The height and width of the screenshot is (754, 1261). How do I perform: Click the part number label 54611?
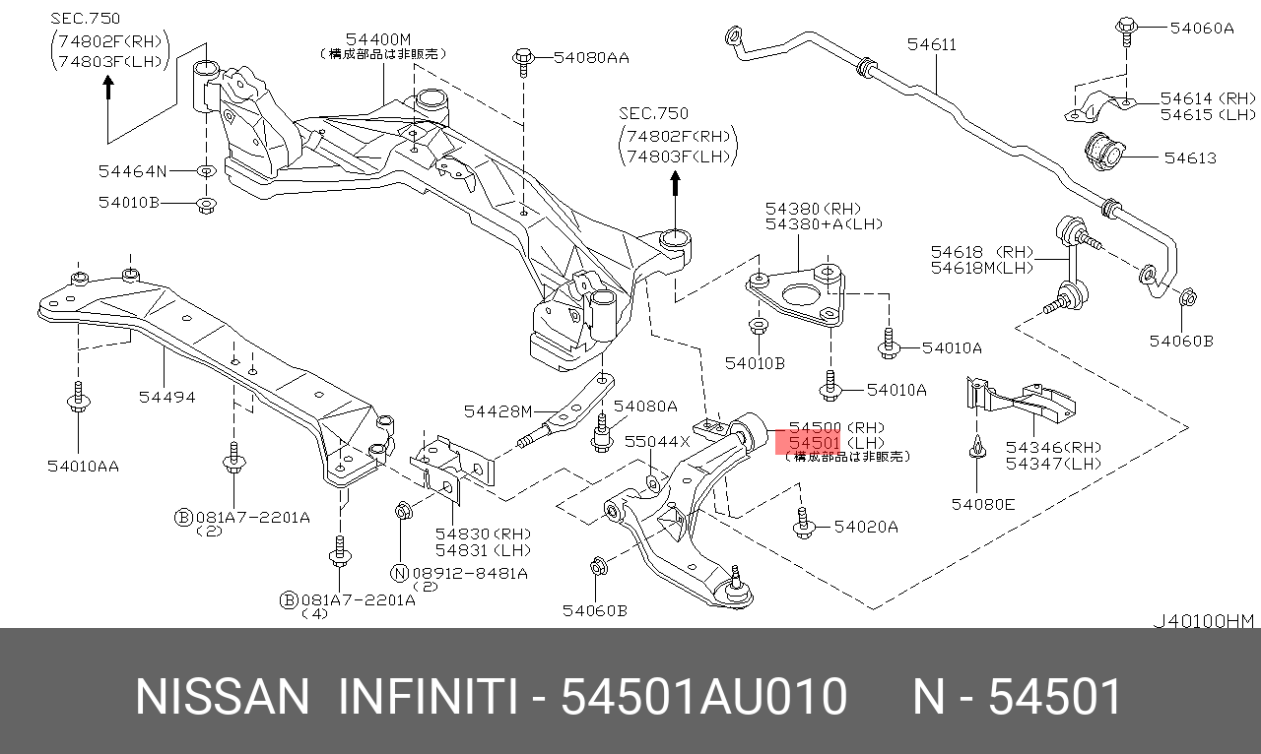[932, 44]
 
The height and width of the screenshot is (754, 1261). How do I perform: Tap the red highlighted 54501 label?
[814, 443]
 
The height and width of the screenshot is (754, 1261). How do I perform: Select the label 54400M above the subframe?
[377, 39]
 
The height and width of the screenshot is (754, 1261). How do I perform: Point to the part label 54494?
[166, 398]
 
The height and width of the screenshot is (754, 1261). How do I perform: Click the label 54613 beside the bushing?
[1190, 158]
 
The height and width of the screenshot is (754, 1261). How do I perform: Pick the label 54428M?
[498, 411]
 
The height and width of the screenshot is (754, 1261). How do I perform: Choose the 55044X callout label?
[657, 442]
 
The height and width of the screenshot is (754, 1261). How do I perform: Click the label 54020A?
[866, 528]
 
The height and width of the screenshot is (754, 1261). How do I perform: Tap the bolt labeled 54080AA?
[523, 62]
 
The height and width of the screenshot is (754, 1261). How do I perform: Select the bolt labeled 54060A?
[1126, 31]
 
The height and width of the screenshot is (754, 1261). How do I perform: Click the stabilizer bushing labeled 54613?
[1104, 151]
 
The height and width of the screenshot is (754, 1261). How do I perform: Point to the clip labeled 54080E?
[977, 448]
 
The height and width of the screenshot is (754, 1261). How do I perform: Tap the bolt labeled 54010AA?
[78, 397]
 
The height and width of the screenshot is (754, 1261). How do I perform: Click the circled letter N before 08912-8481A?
[399, 574]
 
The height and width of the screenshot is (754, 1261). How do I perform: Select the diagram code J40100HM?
[1204, 621]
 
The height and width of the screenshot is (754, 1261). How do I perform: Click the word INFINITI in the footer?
[428, 697]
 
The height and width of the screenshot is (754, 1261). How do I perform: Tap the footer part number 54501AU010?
[703, 697]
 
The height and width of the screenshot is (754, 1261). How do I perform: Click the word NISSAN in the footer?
[223, 697]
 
